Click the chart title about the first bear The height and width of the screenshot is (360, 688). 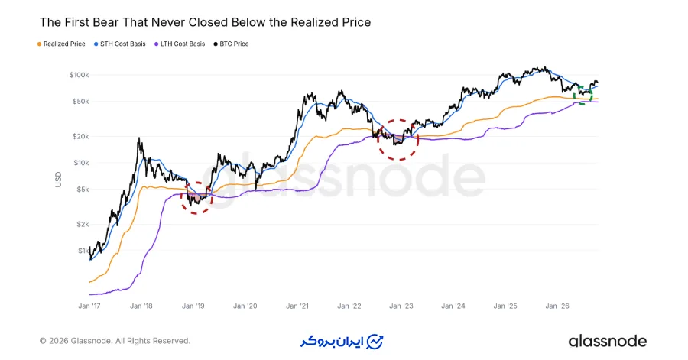click(205, 22)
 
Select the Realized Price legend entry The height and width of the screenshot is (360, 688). click(61, 44)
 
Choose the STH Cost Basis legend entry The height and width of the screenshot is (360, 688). click(120, 44)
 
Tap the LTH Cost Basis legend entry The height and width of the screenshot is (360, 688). click(180, 44)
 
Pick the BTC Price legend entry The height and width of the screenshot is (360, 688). click(231, 44)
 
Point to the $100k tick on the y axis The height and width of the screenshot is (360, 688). click(79, 75)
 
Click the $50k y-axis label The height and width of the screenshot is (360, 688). click(81, 102)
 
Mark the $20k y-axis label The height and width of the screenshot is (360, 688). click(81, 136)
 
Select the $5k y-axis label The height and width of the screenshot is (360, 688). click(83, 190)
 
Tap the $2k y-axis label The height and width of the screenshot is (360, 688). click(83, 225)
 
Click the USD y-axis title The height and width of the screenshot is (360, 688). click(58, 180)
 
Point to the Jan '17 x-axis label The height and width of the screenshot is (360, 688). click(89, 306)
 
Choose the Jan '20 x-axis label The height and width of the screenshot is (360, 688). click(245, 306)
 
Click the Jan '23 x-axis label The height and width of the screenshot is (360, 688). click(401, 306)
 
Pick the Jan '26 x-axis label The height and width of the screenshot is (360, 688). click(557, 306)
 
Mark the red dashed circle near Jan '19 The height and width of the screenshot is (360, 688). click(180, 198)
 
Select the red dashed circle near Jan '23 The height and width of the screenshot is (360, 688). click(378, 139)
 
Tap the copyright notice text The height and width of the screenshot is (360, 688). click(115, 341)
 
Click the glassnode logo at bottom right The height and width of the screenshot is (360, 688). click(607, 341)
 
